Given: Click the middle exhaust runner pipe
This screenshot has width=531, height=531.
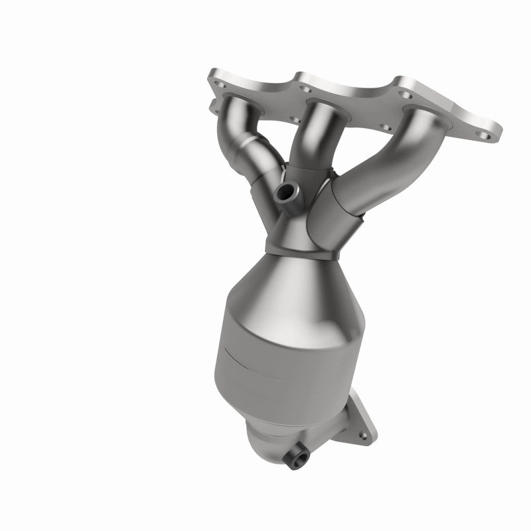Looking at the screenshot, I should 317,133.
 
